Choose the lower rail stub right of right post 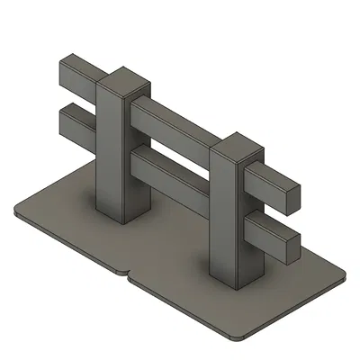[270, 231]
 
